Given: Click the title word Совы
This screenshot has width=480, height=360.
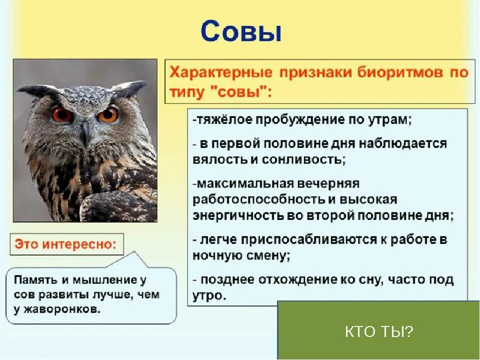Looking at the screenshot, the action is pos(241,31).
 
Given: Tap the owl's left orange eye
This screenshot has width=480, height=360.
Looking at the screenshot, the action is pos(62,114).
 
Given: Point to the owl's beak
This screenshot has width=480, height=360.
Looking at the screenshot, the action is pos(85,134).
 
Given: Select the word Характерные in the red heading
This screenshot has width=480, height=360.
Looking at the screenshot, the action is pos(221,73).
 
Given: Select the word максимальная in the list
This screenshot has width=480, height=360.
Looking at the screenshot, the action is pos(242,183).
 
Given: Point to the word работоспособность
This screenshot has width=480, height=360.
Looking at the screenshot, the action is pos(259,200).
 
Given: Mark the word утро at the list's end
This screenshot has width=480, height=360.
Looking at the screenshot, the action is pos(207,295).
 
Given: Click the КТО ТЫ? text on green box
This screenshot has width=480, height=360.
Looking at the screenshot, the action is pos(379,331).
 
